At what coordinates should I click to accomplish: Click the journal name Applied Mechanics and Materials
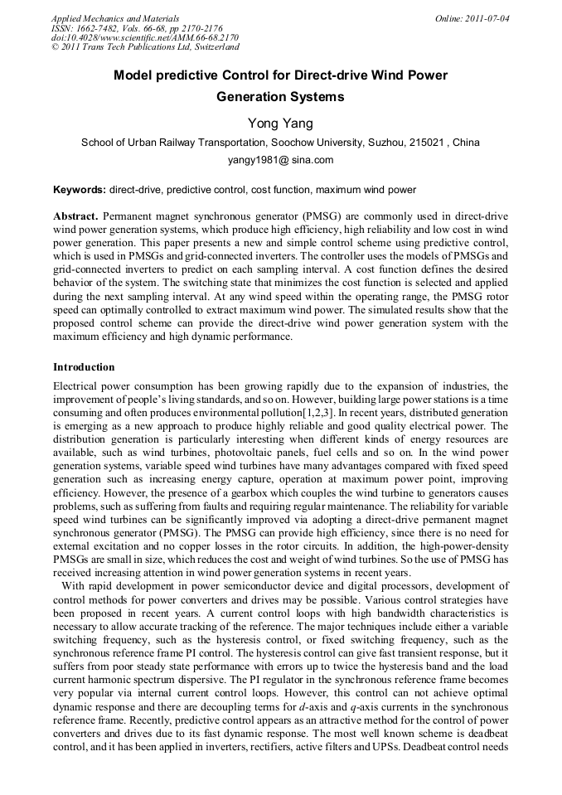115,17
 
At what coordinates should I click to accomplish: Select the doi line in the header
145,37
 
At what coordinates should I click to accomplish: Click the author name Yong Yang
280,124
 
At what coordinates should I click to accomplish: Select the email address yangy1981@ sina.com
280,160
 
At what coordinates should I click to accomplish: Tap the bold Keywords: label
80,190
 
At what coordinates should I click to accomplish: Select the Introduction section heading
84,367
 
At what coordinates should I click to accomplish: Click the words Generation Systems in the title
280,97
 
